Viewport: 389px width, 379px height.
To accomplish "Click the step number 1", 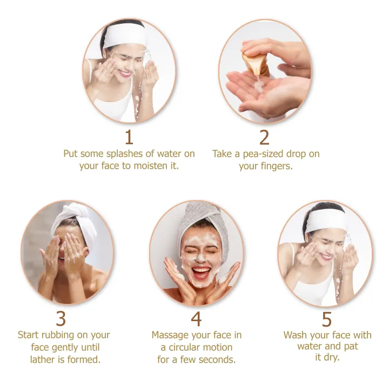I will click(129, 137).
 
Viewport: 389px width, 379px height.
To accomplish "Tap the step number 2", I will click(264, 137).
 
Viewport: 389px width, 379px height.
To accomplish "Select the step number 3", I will click(61, 319).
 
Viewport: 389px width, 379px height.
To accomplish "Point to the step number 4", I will click(196, 319).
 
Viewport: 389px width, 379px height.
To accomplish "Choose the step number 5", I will click(327, 319).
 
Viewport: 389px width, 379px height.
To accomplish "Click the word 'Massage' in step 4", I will click(172, 335).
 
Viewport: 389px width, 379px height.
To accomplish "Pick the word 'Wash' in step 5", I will click(295, 335).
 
